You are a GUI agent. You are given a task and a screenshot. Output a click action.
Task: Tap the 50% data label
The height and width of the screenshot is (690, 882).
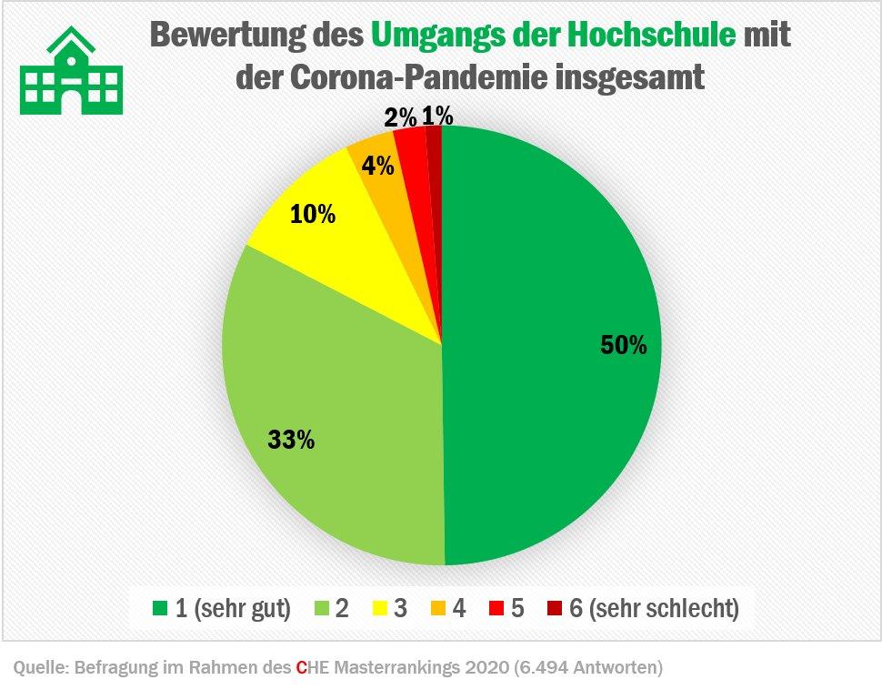click(623, 345)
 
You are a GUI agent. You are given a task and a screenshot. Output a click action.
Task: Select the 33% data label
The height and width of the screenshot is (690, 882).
click(291, 440)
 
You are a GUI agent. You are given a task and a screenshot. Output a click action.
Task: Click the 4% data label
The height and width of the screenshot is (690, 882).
click(377, 166)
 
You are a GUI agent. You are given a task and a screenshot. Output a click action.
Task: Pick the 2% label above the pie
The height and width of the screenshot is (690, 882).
click(400, 117)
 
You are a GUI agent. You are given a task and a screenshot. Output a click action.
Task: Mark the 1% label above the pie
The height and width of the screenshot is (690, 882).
click(437, 116)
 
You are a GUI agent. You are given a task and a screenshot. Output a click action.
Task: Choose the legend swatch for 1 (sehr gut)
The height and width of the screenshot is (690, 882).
click(161, 608)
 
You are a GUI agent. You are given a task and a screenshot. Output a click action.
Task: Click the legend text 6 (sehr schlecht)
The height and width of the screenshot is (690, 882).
click(654, 608)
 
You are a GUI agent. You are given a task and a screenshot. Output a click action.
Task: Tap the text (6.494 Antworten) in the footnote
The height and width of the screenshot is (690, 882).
click(588, 668)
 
